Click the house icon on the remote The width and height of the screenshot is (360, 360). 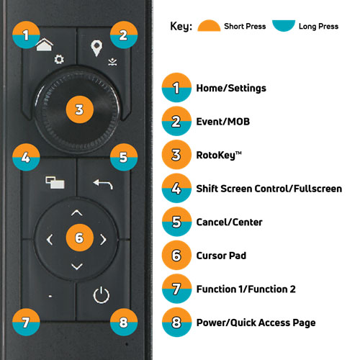[44, 45]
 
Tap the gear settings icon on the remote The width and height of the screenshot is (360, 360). [59, 59]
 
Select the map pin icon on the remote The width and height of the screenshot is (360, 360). [96, 48]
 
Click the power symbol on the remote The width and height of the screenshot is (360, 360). [102, 294]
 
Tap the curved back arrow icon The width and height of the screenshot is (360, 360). [103, 184]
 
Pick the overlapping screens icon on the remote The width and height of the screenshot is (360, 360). [55, 183]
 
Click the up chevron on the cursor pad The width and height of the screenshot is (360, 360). [77, 212]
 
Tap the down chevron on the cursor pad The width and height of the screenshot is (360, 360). [77, 266]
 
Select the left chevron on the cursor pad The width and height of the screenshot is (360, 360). [50, 240]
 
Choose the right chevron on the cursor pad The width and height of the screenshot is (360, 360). [103, 240]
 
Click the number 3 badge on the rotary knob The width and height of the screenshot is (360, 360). [79, 109]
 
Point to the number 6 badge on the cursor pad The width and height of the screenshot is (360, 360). [79, 238]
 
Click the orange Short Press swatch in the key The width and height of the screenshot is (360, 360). [209, 25]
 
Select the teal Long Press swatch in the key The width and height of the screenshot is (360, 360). [284, 26]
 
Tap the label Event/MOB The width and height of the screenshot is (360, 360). [223, 122]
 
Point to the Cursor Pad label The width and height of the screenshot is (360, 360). [221, 256]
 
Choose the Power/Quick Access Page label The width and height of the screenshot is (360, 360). [256, 323]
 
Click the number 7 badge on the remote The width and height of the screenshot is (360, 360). [26, 322]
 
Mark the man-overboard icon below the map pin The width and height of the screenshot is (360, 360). [112, 62]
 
